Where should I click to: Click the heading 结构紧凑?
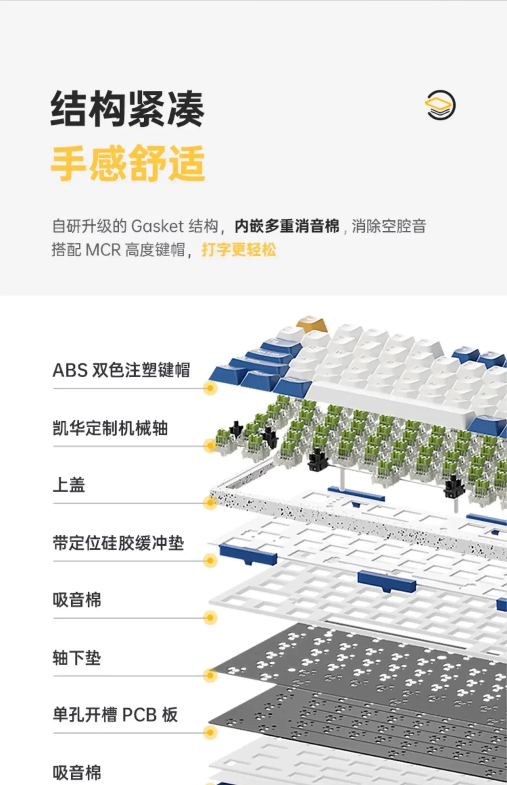tap(127, 109)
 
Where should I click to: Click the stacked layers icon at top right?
tap(440, 105)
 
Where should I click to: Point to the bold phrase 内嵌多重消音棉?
tap(287, 226)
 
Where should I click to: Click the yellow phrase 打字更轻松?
tap(239, 250)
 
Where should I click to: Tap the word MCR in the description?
tap(103, 250)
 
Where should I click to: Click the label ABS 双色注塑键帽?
tap(121, 370)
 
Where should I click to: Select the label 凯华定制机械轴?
tap(110, 428)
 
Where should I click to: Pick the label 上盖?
tap(69, 485)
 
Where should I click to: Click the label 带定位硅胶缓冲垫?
tap(118, 543)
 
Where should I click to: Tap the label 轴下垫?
tap(77, 658)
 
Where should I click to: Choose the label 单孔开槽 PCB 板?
tap(115, 715)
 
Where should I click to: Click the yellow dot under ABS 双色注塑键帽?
tap(210, 388)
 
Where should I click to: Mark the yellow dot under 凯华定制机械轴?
tap(210, 446)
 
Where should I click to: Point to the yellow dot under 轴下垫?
tap(210, 675)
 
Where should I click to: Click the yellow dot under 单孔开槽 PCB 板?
tap(210, 733)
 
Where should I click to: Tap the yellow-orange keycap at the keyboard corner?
tap(312, 324)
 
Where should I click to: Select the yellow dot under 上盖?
tap(210, 503)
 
